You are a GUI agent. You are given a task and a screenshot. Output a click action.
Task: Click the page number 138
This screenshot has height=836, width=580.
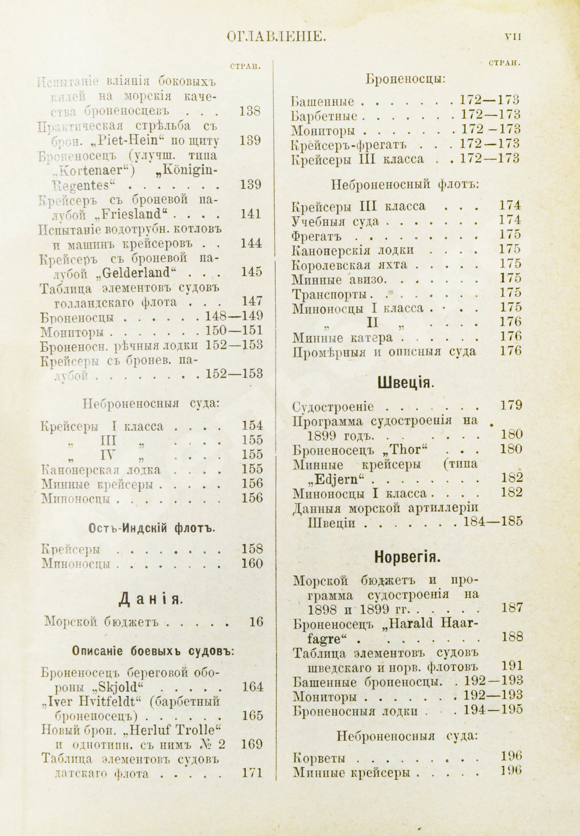coord(250,111)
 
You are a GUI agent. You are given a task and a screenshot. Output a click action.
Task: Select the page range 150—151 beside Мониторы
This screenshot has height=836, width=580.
coord(234,330)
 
